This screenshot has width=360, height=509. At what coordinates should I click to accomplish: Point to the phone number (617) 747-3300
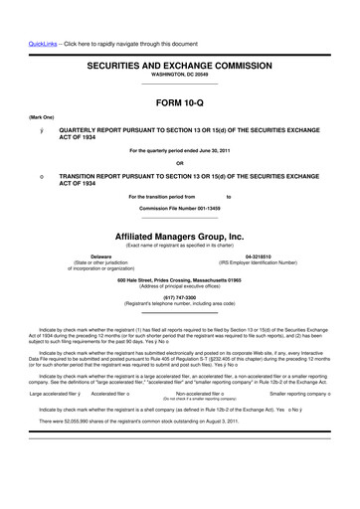(179, 294)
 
